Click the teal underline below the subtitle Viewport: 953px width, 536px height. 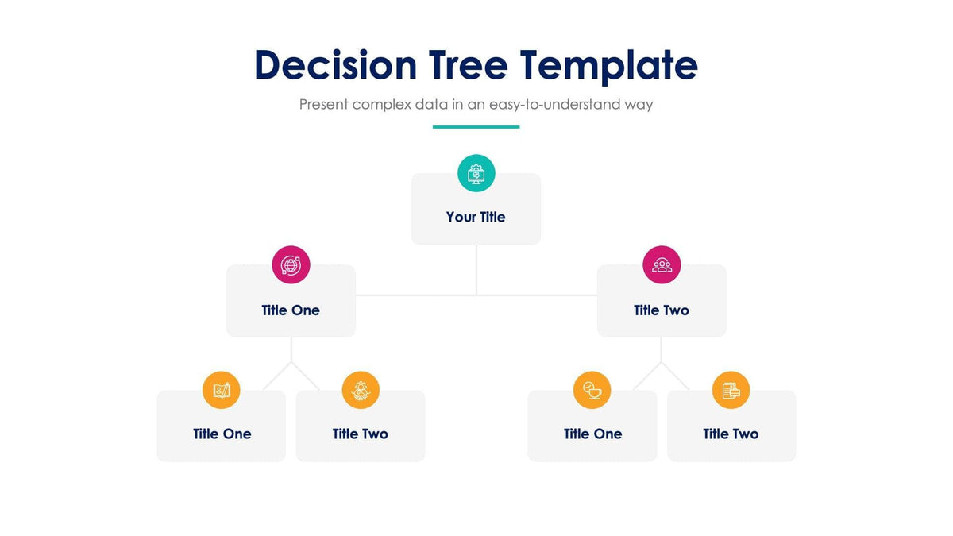pyautogui.click(x=476, y=126)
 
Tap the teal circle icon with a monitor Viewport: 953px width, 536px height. pyautogui.click(x=476, y=173)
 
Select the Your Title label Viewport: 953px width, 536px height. pyautogui.click(x=476, y=217)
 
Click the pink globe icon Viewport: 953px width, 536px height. pyautogui.click(x=291, y=264)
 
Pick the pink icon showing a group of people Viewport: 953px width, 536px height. pyautogui.click(x=662, y=264)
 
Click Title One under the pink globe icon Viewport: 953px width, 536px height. pyautogui.click(x=291, y=310)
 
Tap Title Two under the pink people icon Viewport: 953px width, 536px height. pyautogui.click(x=662, y=310)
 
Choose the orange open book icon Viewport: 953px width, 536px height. pyautogui.click(x=222, y=390)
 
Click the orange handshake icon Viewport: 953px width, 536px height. pyautogui.click(x=361, y=390)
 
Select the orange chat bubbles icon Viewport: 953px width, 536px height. pyautogui.click(x=592, y=390)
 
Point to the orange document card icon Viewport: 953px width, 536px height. pyautogui.click(x=731, y=390)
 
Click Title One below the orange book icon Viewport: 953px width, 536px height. pyautogui.click(x=222, y=434)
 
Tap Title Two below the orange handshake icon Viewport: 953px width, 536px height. pyautogui.click(x=361, y=434)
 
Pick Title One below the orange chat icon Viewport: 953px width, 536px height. pyautogui.click(x=592, y=434)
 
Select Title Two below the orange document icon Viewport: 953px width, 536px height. pyautogui.click(x=731, y=434)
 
